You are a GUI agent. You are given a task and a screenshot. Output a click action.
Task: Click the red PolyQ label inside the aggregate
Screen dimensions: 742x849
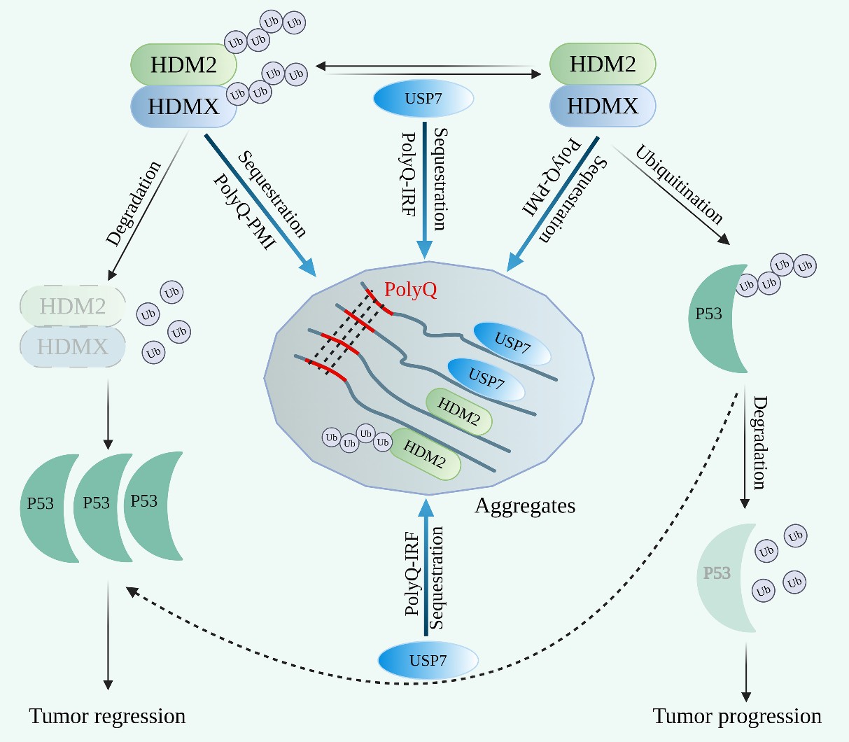point(411,290)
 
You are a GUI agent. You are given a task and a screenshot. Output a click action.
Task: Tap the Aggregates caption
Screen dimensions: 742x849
point(525,505)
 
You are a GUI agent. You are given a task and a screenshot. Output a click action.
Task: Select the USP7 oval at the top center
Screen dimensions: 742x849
point(423,99)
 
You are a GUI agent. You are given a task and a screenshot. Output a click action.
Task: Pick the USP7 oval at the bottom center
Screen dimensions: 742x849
point(428,660)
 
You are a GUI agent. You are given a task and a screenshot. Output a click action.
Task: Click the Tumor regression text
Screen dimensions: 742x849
point(107,717)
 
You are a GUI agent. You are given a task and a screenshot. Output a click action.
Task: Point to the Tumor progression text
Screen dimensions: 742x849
point(737,717)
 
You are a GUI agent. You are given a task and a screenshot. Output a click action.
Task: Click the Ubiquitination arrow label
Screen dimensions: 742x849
point(679,184)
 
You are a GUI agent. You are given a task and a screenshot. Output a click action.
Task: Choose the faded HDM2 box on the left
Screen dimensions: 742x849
point(73,306)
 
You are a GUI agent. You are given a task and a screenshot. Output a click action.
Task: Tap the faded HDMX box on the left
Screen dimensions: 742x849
point(73,346)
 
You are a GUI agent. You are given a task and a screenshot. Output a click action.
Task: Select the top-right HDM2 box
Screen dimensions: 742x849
point(603,64)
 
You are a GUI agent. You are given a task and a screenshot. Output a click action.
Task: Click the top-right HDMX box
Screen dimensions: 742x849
point(603,106)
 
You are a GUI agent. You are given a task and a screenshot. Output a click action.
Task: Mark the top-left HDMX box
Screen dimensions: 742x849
point(183,107)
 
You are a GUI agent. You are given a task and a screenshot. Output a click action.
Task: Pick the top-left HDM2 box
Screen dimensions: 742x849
point(183,65)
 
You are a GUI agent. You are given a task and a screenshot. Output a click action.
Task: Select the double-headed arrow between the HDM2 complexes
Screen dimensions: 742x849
point(428,68)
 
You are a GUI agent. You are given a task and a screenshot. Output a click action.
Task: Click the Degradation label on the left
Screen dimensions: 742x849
point(134,204)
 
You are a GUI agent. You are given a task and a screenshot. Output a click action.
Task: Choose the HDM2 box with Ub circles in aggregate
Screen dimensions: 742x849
point(425,454)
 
